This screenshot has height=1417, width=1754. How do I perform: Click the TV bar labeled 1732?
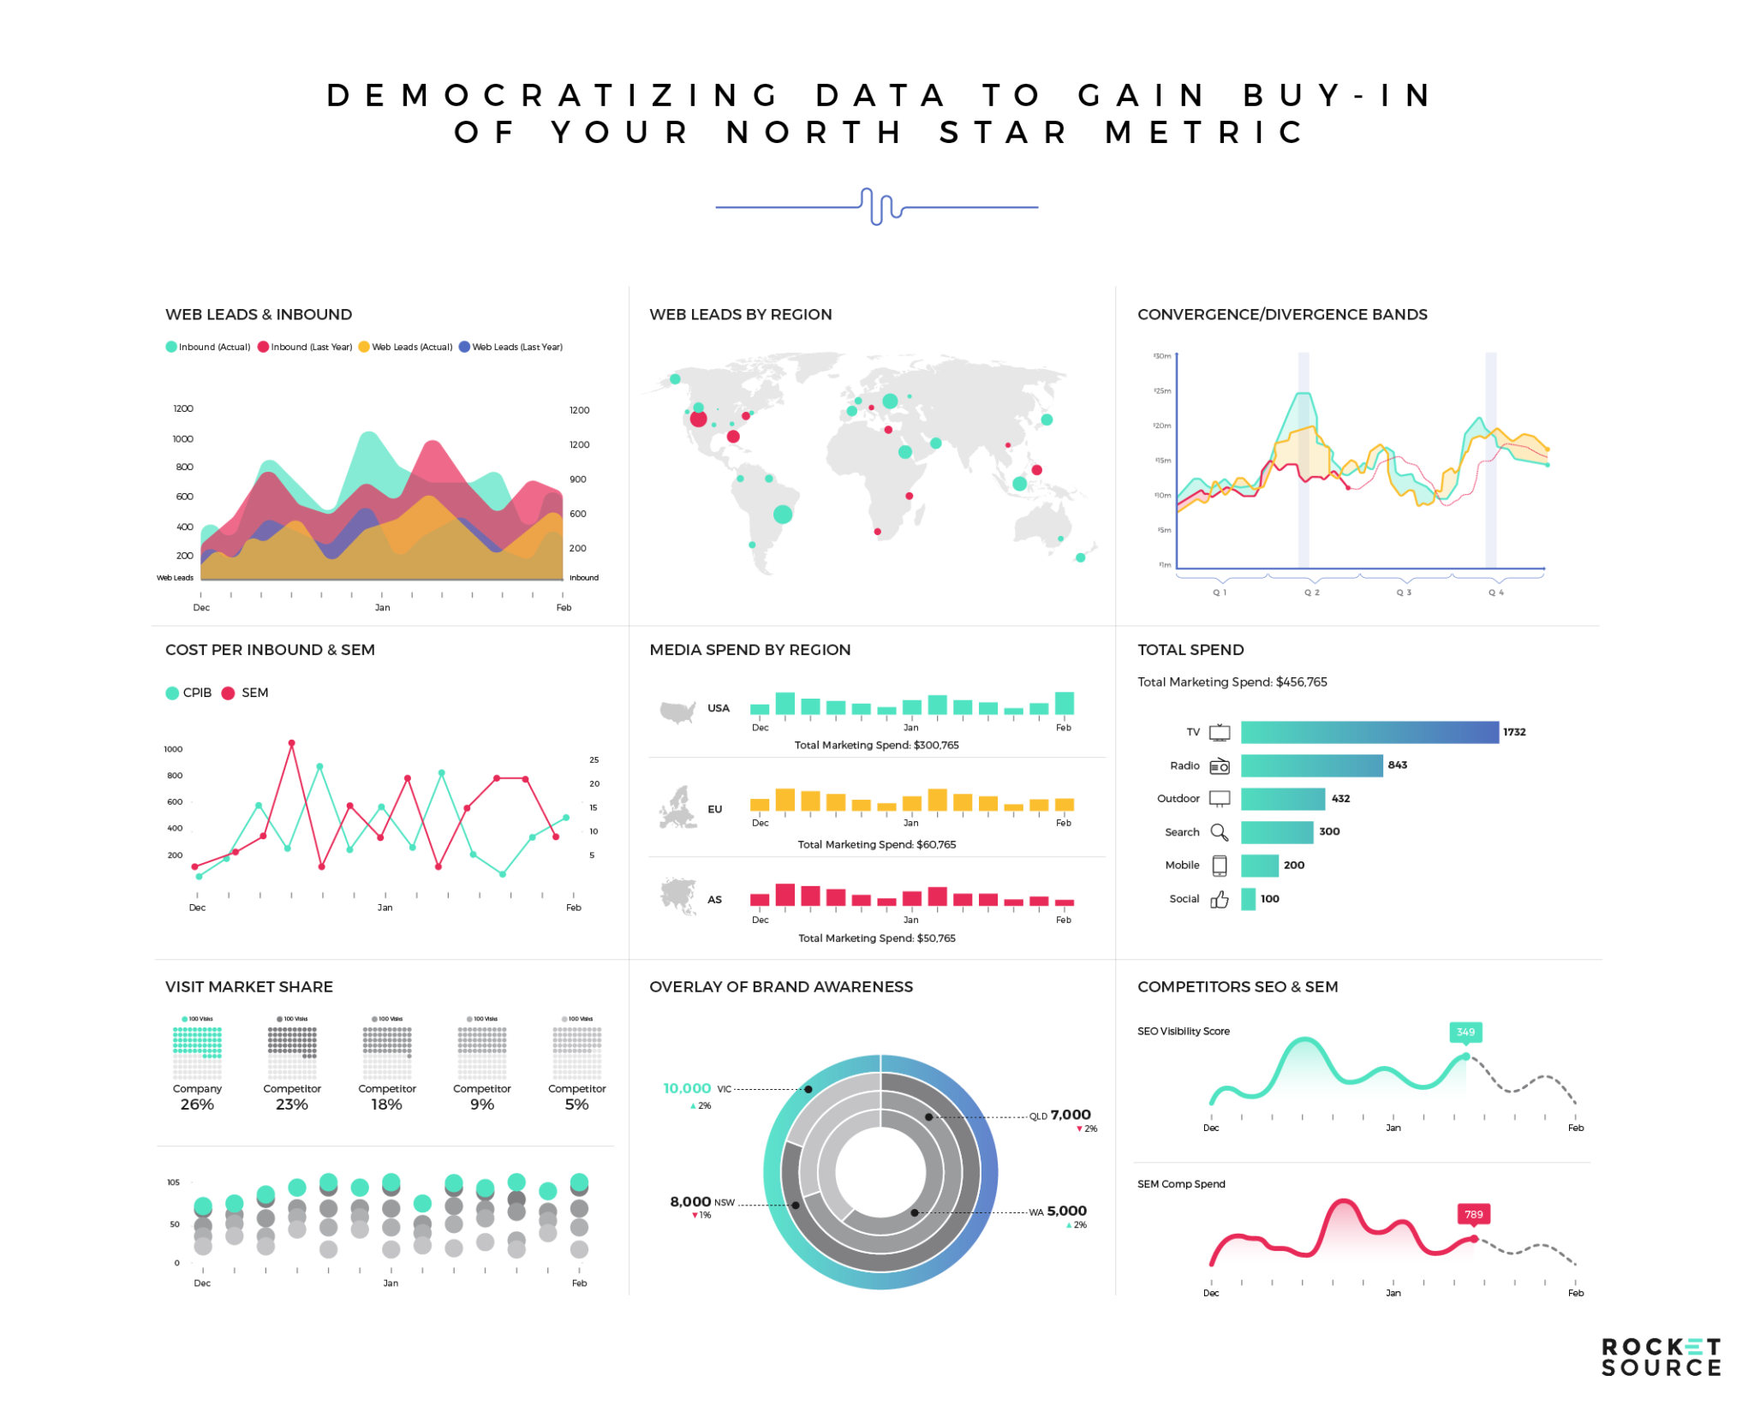coord(1369,731)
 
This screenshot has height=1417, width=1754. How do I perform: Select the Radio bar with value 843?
coord(1310,765)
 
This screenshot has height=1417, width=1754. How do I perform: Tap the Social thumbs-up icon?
coord(1219,899)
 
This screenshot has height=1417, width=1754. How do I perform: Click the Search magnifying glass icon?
coord(1219,832)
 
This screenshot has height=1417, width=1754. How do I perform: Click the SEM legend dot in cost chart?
coord(228,693)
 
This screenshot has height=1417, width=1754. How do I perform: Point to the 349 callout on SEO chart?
coord(1465,1032)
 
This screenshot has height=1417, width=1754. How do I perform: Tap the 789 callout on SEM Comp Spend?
coord(1473,1214)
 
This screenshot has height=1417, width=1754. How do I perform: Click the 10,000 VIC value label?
coord(687,1088)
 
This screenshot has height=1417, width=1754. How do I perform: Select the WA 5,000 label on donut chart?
coord(1058,1211)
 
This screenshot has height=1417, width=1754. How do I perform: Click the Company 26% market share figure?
coord(197,1104)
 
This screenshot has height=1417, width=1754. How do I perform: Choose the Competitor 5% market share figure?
coord(576,1104)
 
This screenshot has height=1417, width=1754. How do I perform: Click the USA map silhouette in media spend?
coord(677,711)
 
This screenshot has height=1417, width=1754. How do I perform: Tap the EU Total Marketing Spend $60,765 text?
coord(876,844)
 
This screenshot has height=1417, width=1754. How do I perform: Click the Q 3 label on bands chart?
coord(1403,592)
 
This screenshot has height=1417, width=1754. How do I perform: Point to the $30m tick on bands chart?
coord(1162,356)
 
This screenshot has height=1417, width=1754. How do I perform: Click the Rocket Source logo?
coord(1660,1358)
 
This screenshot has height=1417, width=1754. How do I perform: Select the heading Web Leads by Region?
coord(740,314)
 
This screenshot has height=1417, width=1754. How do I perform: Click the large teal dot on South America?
coord(782,514)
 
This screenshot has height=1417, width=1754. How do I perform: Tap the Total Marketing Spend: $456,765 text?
coord(1232,682)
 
